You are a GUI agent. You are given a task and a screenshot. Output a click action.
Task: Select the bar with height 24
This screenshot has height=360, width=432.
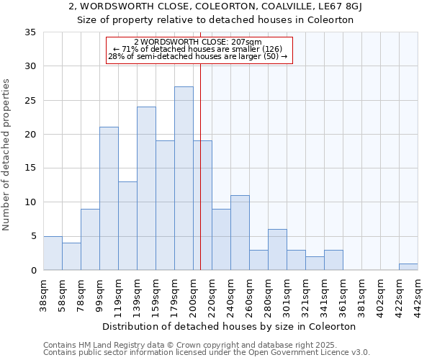[146, 189]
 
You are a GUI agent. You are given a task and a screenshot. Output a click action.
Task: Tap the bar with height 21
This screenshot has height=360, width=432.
[109, 199]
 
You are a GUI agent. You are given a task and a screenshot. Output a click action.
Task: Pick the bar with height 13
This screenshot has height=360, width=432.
[127, 226]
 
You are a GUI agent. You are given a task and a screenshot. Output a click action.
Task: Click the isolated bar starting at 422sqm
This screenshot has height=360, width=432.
[408, 267]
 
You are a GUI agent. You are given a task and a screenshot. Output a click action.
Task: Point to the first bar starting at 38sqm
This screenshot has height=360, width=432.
[53, 253]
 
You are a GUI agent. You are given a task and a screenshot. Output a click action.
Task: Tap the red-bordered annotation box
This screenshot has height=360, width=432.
[199, 50]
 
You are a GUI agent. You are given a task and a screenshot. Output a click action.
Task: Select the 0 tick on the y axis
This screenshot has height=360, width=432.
[33, 271]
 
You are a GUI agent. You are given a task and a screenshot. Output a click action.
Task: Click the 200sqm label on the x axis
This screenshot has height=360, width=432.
[193, 292]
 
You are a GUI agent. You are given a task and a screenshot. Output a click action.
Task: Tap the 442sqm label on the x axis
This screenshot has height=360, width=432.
[418, 292]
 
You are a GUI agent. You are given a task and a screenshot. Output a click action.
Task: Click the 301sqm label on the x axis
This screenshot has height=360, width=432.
[287, 292]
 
